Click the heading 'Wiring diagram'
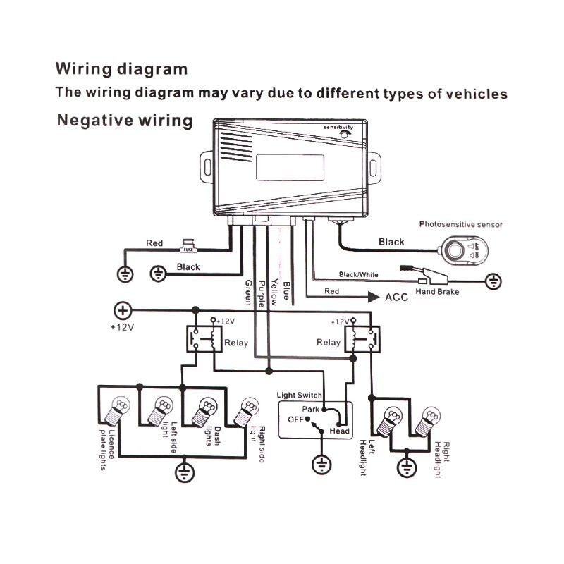[121, 69]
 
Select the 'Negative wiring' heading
[124, 121]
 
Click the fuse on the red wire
[188, 247]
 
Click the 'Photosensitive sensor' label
[462, 225]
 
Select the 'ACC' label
[396, 297]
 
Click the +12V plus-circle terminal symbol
[123, 309]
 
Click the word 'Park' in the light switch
[311, 409]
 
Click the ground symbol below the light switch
[321, 465]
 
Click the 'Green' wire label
[247, 290]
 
